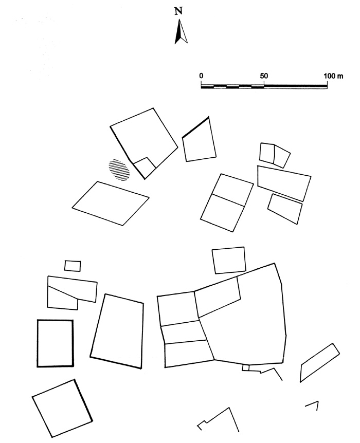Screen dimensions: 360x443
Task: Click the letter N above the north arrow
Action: click(178, 11)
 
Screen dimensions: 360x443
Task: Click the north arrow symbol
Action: click(181, 32)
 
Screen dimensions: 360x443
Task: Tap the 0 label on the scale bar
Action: click(201, 76)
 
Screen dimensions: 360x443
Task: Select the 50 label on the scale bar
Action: click(264, 76)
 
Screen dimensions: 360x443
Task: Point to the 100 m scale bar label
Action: click(333, 76)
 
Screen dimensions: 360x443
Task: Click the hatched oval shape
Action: click(119, 170)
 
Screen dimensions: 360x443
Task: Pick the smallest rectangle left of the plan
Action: click(73, 266)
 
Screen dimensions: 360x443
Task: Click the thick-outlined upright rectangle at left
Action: click(38, 343)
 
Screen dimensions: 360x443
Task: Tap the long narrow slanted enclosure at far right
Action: click(320, 363)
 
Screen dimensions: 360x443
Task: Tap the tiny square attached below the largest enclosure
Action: click(245, 367)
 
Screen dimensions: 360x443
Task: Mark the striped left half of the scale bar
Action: click(232, 86)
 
